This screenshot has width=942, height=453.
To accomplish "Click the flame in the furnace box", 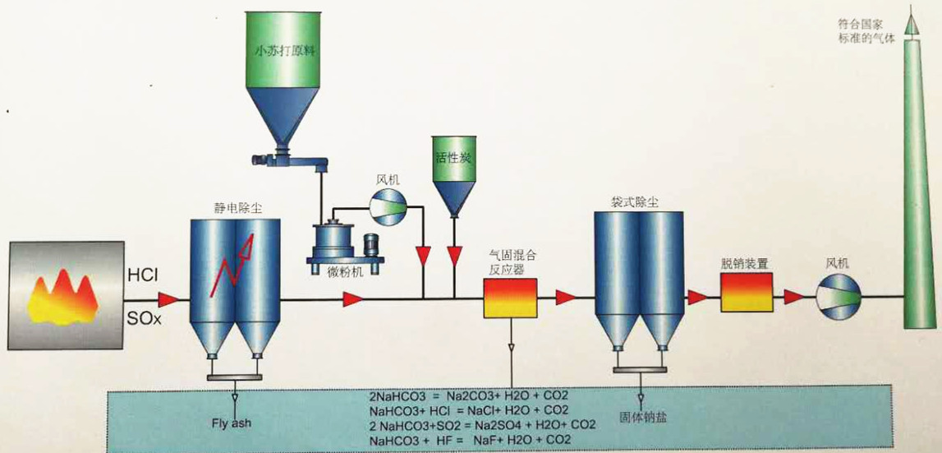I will pyautogui.click(x=62, y=297).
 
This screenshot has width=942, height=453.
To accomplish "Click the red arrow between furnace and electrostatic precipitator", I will pyautogui.click(x=169, y=298).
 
